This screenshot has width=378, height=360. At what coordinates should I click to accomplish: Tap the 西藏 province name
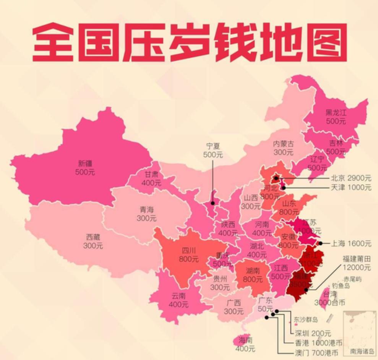click(93, 237)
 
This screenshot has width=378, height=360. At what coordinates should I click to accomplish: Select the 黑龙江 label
click(336, 112)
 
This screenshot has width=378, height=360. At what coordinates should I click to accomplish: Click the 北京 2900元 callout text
click(350, 178)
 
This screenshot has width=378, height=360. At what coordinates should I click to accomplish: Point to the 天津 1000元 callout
click(350, 188)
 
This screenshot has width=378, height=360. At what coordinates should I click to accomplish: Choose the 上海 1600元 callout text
click(350, 243)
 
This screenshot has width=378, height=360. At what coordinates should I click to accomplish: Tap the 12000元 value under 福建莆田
click(356, 268)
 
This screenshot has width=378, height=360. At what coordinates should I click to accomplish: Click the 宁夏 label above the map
click(213, 146)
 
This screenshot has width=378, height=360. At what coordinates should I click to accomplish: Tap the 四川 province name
click(188, 251)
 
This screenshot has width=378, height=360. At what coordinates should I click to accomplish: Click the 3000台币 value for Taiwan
click(329, 303)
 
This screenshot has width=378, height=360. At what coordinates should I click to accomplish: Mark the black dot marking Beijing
click(276, 178)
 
